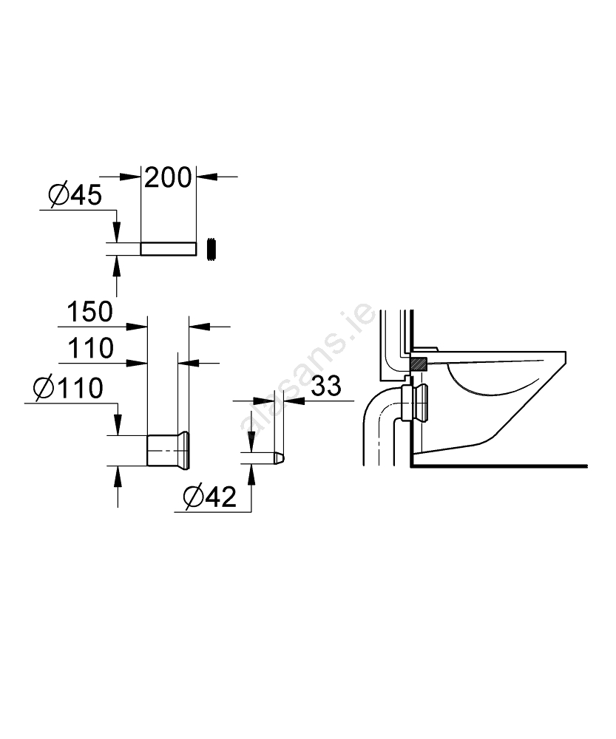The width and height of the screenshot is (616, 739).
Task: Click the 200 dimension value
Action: tap(168, 177)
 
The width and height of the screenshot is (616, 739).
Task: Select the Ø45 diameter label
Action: tap(75, 194)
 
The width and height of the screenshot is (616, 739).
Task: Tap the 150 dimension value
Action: tap(90, 312)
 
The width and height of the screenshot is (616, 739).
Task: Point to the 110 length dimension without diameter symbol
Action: tap(91, 348)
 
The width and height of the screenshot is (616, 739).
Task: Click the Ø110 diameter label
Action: tap(68, 388)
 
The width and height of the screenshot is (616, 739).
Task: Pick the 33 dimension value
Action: tap(326, 386)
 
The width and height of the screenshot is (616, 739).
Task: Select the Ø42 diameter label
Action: tap(210, 497)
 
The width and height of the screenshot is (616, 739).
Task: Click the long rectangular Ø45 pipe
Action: tap(169, 249)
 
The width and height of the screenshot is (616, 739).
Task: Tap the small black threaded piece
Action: tap(211, 248)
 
